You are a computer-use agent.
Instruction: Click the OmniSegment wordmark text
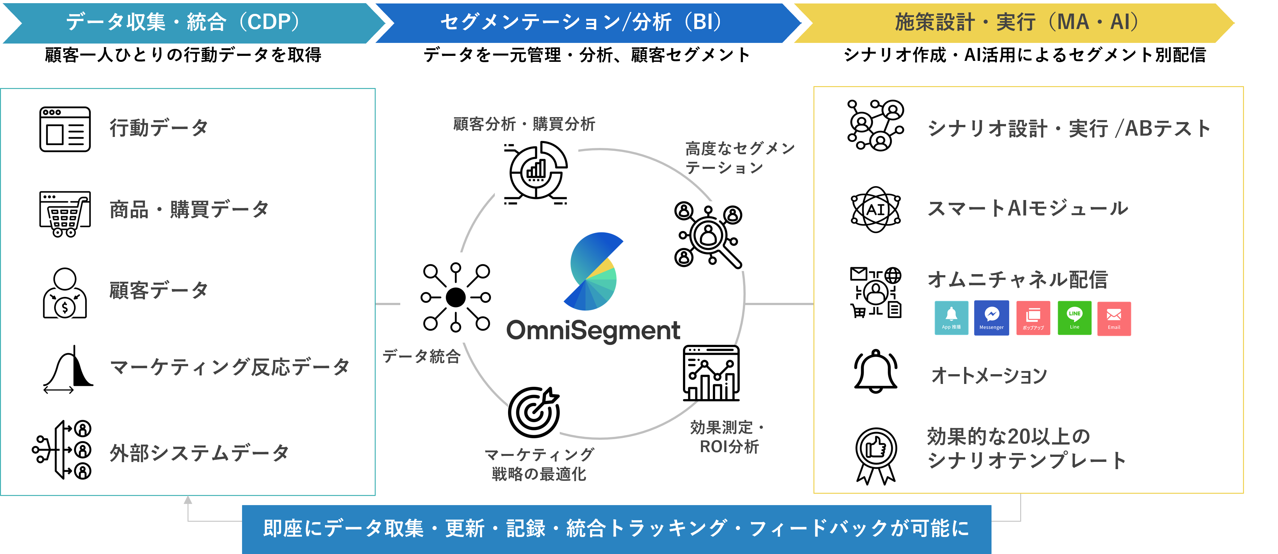(593, 331)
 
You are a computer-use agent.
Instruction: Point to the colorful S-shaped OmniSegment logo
(593, 271)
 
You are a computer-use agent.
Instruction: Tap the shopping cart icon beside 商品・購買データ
(65, 214)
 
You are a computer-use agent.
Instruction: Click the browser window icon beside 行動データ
(65, 129)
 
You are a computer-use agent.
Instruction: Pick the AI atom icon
(876, 209)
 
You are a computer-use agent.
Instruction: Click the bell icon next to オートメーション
(876, 372)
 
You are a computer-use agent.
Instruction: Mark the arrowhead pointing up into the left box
(188, 500)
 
